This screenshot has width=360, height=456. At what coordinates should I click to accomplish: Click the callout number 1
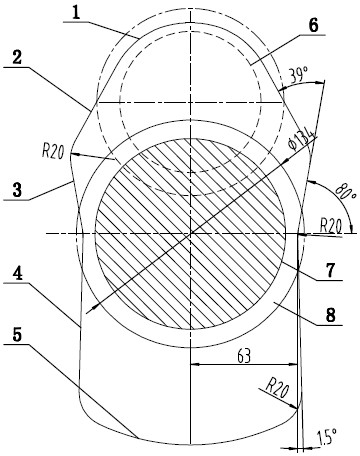77,13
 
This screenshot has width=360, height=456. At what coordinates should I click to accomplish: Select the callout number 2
17,58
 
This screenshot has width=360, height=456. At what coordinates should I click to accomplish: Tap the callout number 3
17,190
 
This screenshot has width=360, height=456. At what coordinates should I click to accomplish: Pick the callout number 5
17,335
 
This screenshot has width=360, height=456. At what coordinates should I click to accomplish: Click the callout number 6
313,26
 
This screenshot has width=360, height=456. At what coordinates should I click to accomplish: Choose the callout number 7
330,271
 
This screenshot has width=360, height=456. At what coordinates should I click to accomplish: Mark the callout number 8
330,315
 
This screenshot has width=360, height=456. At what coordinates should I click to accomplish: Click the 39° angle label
298,75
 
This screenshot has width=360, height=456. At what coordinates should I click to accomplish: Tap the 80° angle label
342,191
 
